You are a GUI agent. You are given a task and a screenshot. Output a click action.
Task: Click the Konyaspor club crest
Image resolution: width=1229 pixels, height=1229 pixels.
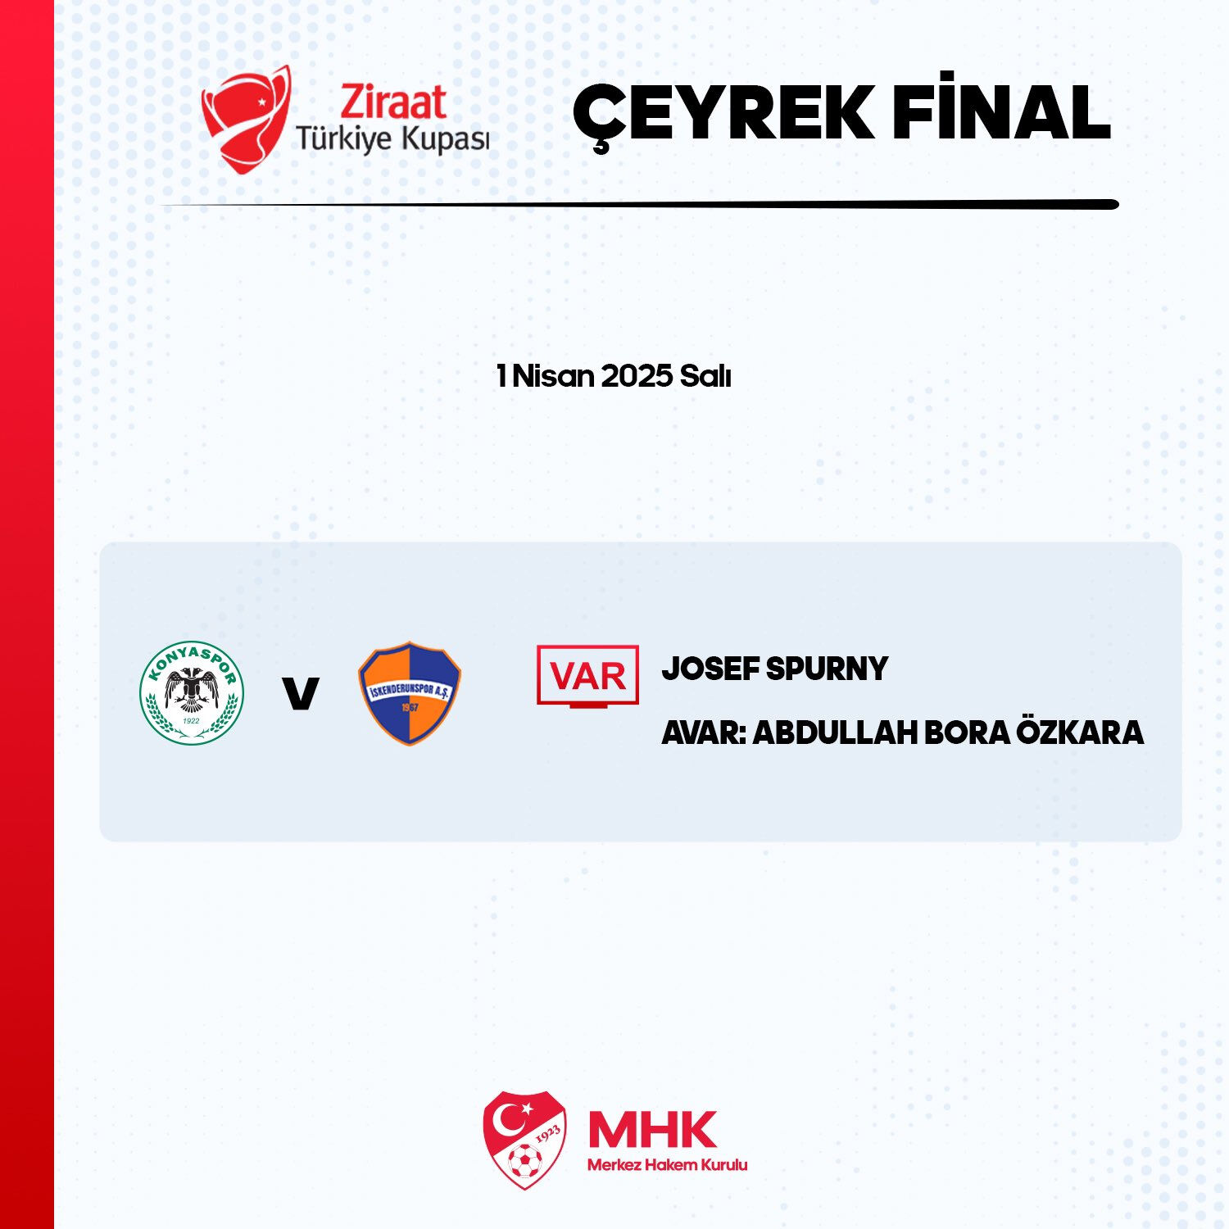192,693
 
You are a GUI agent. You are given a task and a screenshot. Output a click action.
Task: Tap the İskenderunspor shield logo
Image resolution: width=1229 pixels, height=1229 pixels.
410,693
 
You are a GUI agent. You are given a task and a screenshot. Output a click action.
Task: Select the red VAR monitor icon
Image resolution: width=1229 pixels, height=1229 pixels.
587,676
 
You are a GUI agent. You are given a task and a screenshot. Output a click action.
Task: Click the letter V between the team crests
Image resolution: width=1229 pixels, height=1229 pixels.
300,693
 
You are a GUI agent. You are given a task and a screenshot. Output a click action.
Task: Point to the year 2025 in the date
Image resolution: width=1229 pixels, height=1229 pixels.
636,376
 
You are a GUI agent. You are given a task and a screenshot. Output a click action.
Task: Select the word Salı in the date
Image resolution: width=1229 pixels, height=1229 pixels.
705,376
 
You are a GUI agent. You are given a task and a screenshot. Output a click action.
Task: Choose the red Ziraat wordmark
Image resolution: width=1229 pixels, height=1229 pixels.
393,102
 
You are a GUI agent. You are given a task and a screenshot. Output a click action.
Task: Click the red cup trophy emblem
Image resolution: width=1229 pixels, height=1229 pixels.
246,119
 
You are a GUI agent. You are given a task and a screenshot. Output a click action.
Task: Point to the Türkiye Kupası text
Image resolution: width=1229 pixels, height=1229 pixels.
392,139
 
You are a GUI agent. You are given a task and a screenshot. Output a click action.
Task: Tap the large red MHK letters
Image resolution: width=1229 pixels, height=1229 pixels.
652,1130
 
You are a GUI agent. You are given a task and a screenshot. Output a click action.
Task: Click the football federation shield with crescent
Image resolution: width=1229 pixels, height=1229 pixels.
524,1139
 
